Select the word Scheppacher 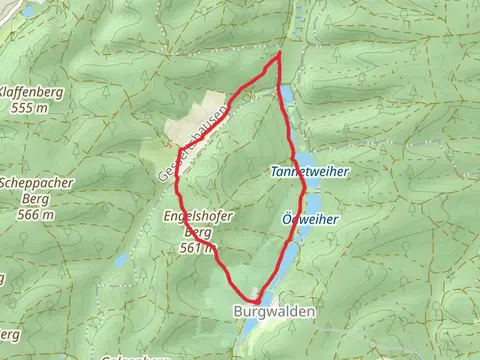pos(34,183)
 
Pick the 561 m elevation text pos(196,247)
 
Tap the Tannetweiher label pos(310,172)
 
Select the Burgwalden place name pos(275,312)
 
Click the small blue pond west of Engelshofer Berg pos(121,260)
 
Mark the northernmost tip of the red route pos(279,54)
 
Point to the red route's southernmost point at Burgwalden pos(256,300)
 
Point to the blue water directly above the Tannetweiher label pos(305,158)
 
